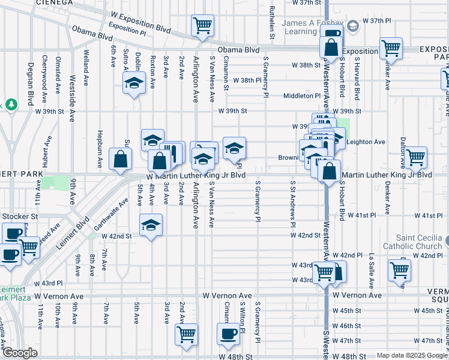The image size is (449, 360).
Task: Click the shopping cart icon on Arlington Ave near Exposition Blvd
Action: [x=202, y=25]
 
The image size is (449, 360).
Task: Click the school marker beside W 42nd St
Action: [x=151, y=225]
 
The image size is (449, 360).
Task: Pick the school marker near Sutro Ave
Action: [x=134, y=84]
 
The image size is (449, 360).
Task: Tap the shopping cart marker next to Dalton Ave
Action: [x=415, y=157]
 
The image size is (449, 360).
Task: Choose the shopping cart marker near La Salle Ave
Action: [x=399, y=270]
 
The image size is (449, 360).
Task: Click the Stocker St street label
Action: [x=19, y=215]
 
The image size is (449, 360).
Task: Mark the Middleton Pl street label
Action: [x=303, y=95]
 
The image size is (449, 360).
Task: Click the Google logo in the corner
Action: [x=20, y=353]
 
